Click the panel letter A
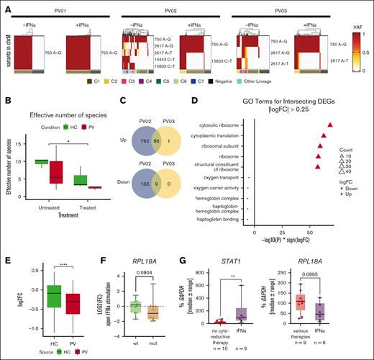point(7,6)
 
